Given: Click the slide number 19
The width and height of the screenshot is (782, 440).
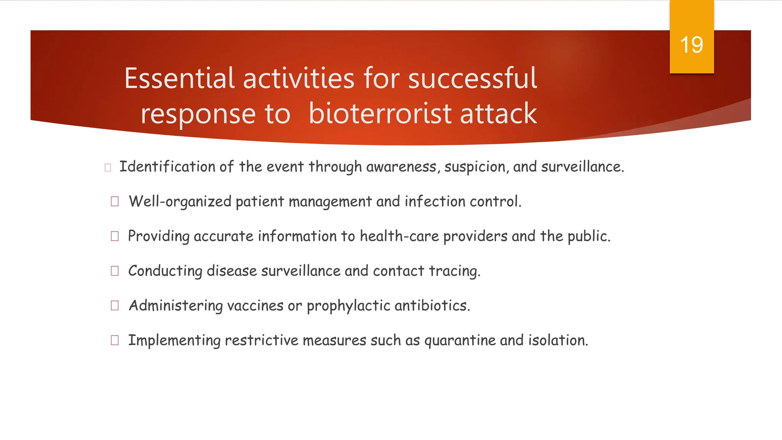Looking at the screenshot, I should click(x=692, y=45).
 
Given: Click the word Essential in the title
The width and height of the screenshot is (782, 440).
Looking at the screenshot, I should click(x=179, y=78).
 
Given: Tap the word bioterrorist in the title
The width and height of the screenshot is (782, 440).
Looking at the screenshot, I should click(x=380, y=113).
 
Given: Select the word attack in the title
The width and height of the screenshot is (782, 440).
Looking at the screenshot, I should click(x=498, y=113).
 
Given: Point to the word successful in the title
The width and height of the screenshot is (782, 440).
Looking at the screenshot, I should click(x=472, y=78).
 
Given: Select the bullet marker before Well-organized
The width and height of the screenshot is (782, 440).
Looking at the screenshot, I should click(x=115, y=201).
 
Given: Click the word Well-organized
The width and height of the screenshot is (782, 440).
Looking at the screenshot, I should click(x=180, y=202).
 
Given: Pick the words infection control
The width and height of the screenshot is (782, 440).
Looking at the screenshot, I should click(x=463, y=201).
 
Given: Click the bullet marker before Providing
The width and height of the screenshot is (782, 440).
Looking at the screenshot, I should click(x=115, y=236).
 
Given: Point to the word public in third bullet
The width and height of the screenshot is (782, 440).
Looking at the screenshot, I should click(x=588, y=236).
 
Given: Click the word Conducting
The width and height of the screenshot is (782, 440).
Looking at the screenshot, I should click(x=165, y=271).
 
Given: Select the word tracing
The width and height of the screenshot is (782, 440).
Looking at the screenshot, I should click(x=454, y=271).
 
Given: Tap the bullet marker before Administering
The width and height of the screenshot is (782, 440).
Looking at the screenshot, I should click(x=115, y=306).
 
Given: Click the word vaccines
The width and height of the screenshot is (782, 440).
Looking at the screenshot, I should click(x=255, y=306).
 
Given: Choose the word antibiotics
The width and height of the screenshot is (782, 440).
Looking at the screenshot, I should click(x=432, y=306).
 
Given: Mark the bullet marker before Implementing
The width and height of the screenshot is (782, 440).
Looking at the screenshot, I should click(x=115, y=340).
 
